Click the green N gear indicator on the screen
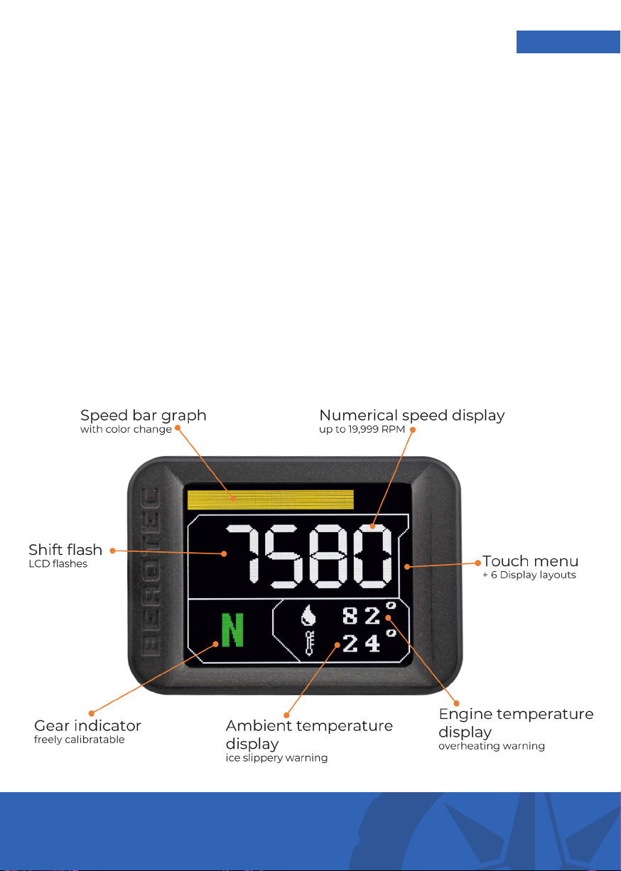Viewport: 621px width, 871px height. (232, 629)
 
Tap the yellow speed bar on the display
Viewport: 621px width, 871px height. (271, 499)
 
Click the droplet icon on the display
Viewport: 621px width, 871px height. (308, 615)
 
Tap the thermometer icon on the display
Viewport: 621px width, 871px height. (309, 643)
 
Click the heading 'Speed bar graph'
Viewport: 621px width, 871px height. (143, 416)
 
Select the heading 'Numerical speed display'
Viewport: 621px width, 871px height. (412, 416)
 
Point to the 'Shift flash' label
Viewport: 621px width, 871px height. (65, 549)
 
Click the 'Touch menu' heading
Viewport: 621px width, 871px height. (530, 561)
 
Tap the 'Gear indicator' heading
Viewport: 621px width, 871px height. (87, 725)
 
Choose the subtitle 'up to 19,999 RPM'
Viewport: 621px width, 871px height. (362, 429)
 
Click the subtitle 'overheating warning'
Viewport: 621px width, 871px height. (492, 746)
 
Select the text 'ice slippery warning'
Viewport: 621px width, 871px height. (276, 758)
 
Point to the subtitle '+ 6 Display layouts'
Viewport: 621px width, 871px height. (529, 575)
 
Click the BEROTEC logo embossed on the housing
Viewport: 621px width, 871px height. (150, 572)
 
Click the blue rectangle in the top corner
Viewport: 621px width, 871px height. (568, 42)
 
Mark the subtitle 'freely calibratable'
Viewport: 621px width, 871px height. (80, 739)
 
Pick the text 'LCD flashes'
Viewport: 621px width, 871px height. (58, 563)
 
